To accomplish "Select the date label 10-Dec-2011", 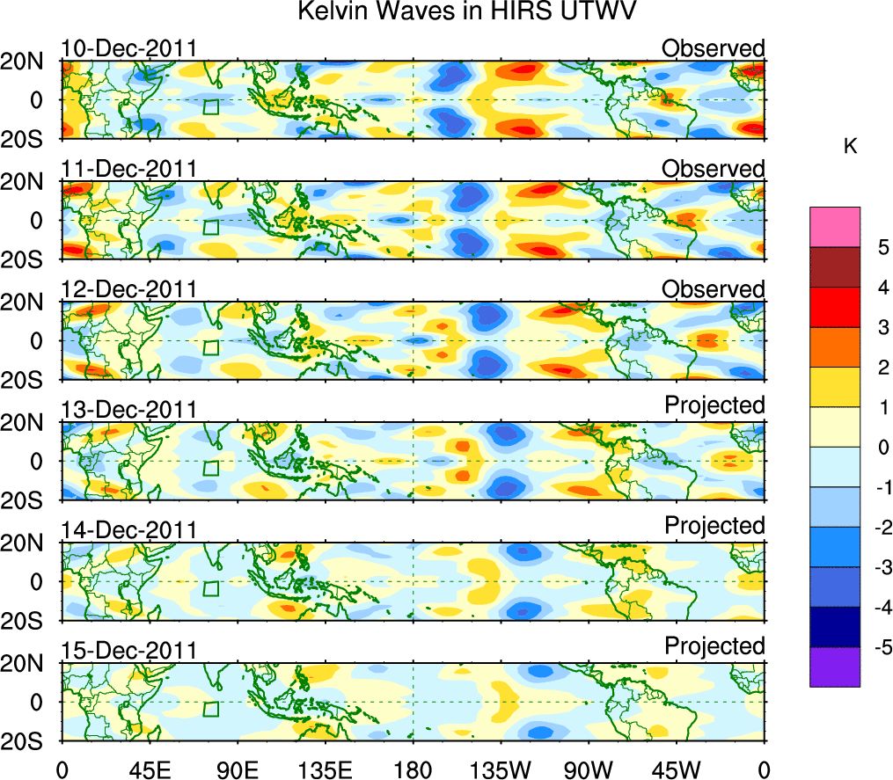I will tap(128, 48).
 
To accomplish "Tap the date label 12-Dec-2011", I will tap(128, 289).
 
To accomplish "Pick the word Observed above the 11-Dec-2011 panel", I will tap(714, 168).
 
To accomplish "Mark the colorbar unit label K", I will tap(850, 147).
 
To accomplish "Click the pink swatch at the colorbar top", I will tap(834, 227).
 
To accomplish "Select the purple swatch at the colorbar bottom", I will tap(834, 667).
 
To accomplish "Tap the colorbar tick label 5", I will tap(882, 247).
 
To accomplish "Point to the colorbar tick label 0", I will tap(882, 448).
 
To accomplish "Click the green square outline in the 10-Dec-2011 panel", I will tap(210, 107).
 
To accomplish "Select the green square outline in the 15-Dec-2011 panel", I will tap(210, 710).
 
